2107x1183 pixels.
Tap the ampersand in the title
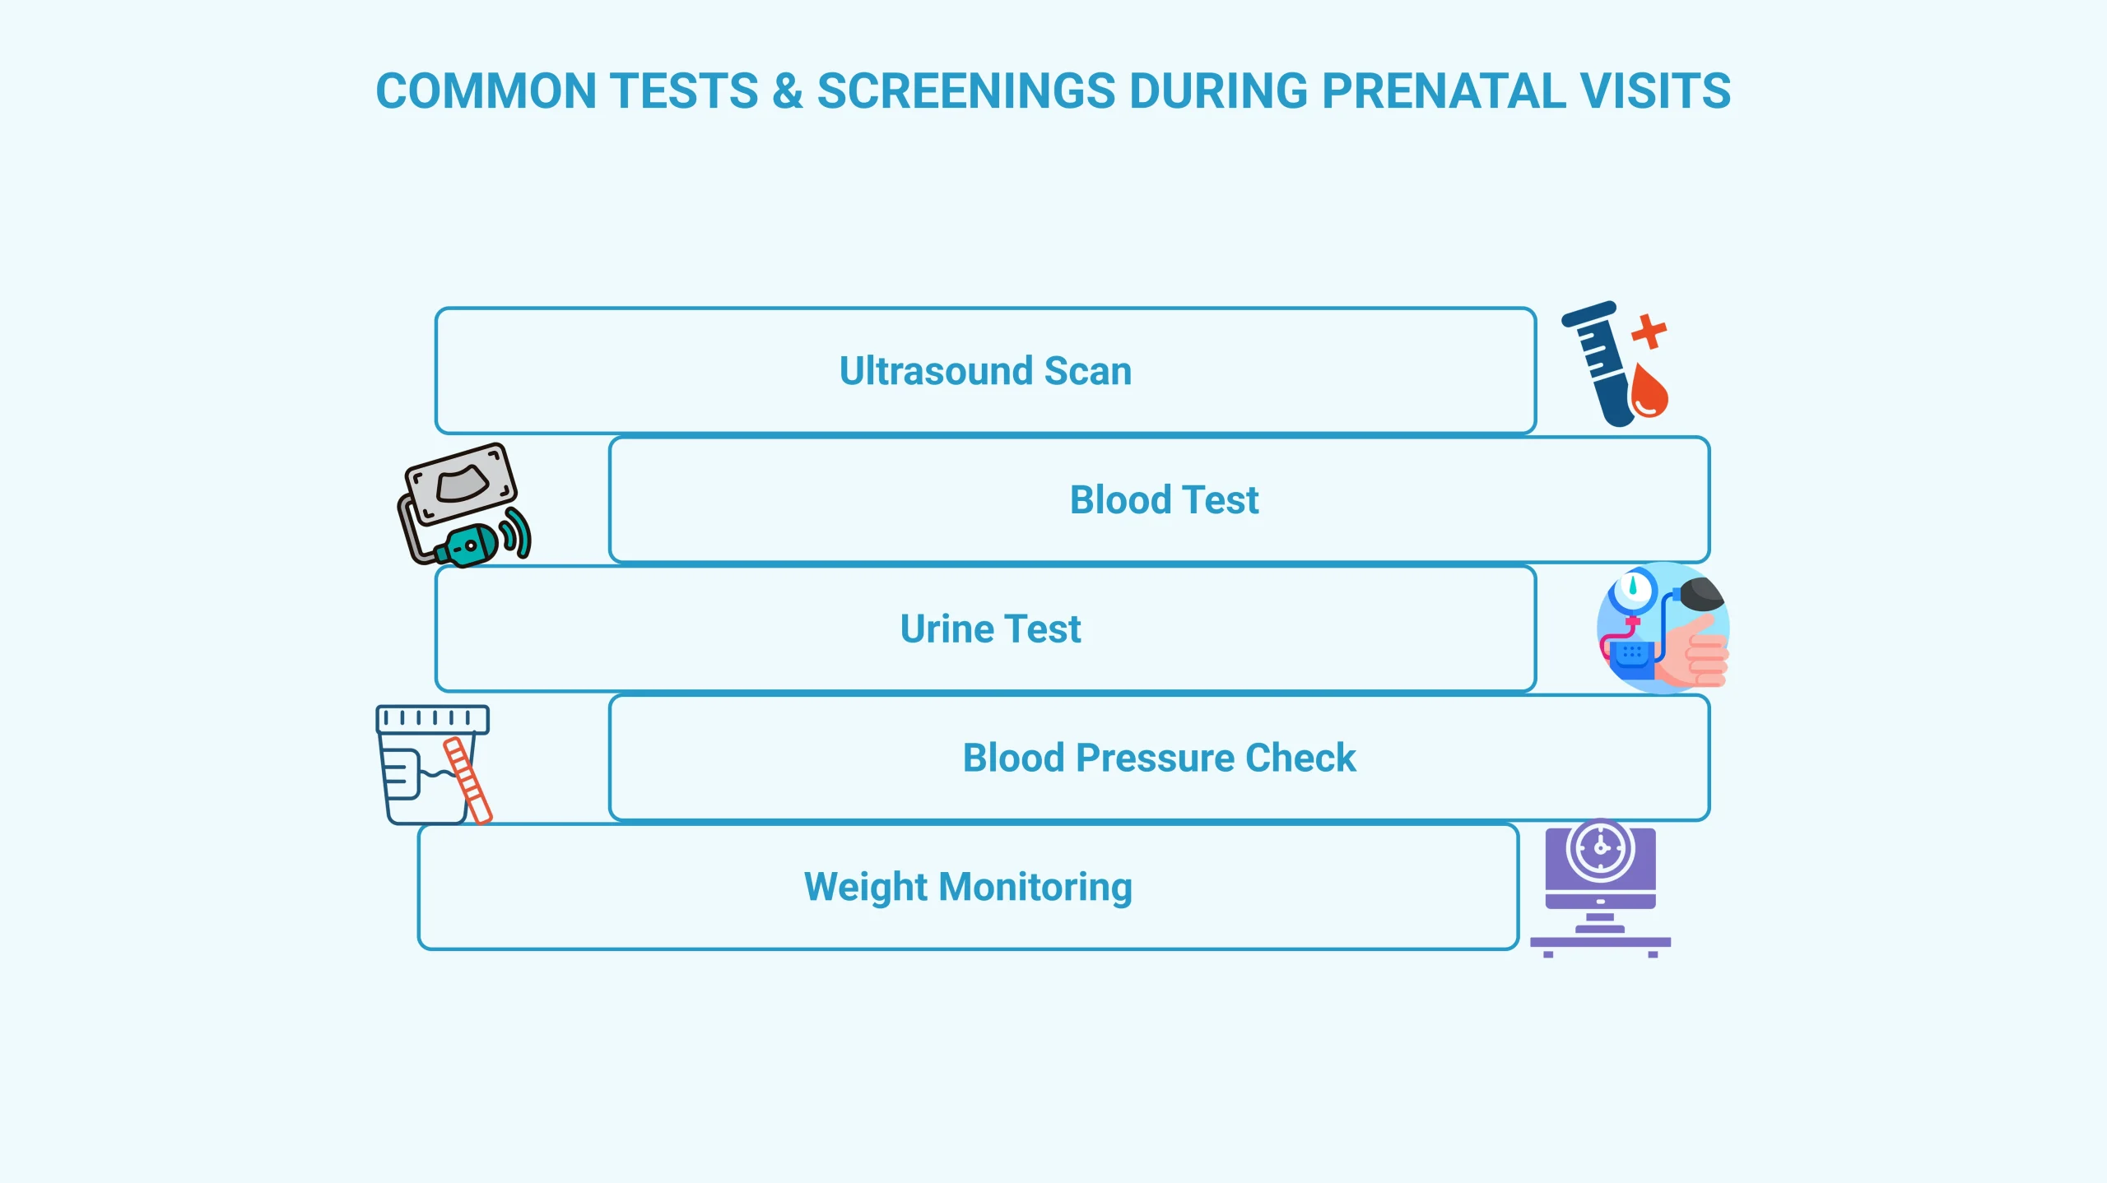point(787,90)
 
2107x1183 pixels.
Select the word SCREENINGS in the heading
point(965,90)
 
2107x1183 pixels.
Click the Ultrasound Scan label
point(985,371)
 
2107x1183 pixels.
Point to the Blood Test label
point(1164,500)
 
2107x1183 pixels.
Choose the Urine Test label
point(990,629)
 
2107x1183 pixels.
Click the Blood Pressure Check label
point(1159,758)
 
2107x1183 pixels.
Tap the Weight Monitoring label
point(968,887)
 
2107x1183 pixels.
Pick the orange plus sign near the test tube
point(1649,332)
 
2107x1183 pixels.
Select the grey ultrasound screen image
point(462,483)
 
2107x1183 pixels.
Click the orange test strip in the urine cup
point(467,779)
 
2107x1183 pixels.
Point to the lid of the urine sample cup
point(432,719)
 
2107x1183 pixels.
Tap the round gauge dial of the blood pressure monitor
point(1633,589)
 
